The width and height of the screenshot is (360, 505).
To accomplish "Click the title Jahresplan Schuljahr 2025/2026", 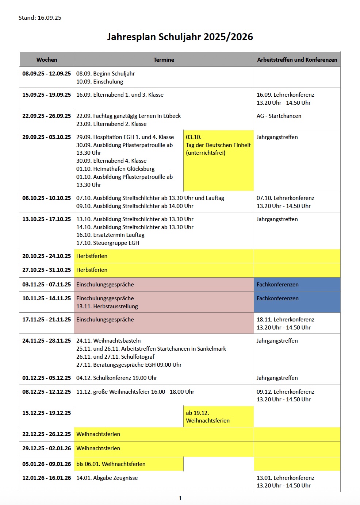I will (180, 37).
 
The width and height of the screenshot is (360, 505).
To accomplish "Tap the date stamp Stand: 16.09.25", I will (40, 18).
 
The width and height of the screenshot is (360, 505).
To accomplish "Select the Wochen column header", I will (47, 59).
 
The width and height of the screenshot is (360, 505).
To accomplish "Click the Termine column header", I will (164, 59).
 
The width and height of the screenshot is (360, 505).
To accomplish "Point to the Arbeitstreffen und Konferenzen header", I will (297, 59).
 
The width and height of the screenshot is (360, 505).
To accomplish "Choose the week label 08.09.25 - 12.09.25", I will (47, 74).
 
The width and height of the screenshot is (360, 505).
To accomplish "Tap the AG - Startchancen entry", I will (279, 116).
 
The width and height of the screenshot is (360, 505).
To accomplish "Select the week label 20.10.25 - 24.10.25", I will (47, 256).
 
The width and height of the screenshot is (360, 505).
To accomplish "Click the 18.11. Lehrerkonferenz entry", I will (285, 320).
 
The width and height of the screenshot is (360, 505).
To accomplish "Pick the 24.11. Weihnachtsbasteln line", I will (108, 341).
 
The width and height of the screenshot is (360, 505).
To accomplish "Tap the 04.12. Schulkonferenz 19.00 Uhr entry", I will (116, 378).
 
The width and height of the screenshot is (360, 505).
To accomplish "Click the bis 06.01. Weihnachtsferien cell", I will (111, 464).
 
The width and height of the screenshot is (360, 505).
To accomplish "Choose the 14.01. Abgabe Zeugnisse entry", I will (107, 478).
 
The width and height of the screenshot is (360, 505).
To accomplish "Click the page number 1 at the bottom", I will (180, 498).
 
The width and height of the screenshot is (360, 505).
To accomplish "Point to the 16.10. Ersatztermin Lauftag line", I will (110, 235).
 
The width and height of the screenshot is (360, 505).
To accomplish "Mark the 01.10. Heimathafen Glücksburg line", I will (115, 169).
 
